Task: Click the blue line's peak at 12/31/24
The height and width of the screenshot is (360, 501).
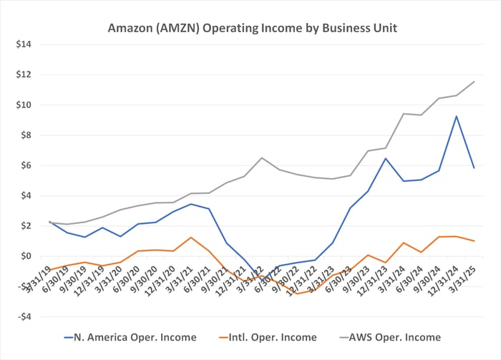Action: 456,116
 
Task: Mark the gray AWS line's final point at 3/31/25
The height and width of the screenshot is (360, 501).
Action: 474,82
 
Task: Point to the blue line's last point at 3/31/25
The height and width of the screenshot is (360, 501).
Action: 474,167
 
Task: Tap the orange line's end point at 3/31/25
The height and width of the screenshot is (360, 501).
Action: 474,241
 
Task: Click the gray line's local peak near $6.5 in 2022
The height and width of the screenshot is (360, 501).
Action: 262,157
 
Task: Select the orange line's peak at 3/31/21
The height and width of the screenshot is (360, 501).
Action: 191,237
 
